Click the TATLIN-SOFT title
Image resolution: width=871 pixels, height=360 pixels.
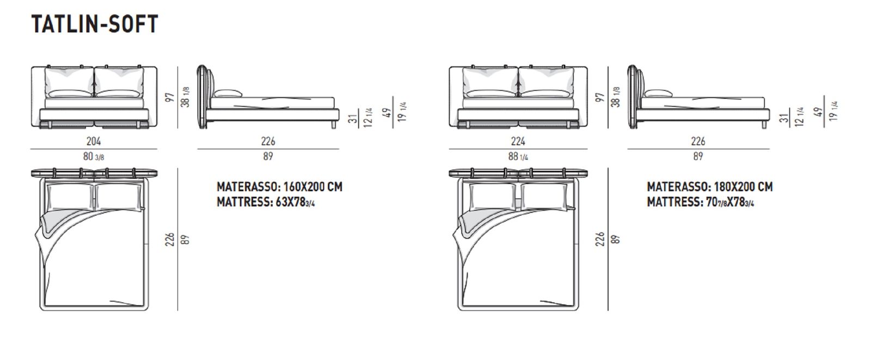(95, 24)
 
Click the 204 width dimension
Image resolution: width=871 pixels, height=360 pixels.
(94, 141)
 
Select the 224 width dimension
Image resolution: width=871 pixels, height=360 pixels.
(518, 141)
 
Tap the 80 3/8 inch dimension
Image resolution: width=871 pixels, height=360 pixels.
(94, 156)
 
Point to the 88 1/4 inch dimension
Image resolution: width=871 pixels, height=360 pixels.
(518, 156)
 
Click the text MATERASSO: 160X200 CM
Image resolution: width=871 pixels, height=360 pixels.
(279, 187)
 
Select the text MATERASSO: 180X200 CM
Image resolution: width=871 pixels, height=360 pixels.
(710, 187)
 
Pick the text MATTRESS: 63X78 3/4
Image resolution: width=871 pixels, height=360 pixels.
(266, 203)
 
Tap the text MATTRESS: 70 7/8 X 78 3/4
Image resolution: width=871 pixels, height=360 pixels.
(700, 203)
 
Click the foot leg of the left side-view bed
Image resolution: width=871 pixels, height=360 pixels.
(334, 125)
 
